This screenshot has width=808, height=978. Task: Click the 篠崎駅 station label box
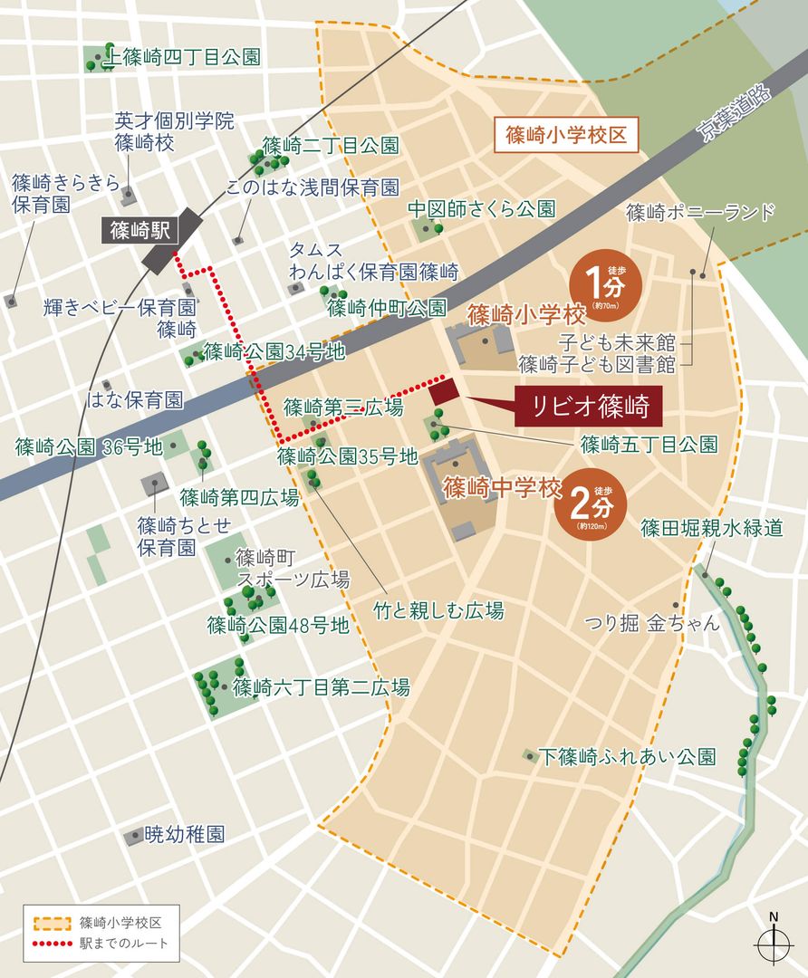(147, 229)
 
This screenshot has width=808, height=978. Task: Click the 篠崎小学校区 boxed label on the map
(566, 136)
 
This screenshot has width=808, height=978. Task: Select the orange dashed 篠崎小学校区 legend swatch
(53, 924)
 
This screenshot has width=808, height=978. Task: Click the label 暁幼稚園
(184, 833)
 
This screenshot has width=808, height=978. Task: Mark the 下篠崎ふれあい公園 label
(626, 756)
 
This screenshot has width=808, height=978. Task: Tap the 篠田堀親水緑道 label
(711, 528)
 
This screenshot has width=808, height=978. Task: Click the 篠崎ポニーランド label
(700, 213)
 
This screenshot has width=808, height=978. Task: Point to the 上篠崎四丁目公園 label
(185, 59)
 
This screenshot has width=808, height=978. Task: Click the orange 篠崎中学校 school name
(502, 489)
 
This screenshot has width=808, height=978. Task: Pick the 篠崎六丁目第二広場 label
(321, 686)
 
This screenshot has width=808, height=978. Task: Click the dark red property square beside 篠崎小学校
(444, 392)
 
